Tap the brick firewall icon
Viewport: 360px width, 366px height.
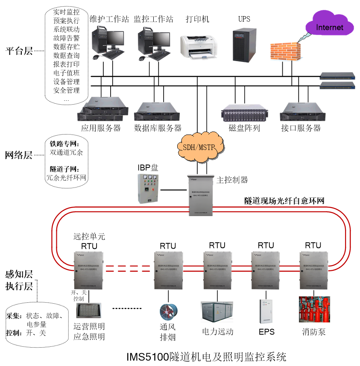[286, 51]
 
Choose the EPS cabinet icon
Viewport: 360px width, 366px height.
[266, 310]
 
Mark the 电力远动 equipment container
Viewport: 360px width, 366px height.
[217, 312]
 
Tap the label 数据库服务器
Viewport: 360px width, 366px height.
[158, 128]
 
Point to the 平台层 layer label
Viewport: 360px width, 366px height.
[19, 51]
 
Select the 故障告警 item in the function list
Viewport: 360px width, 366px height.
[66, 38]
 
